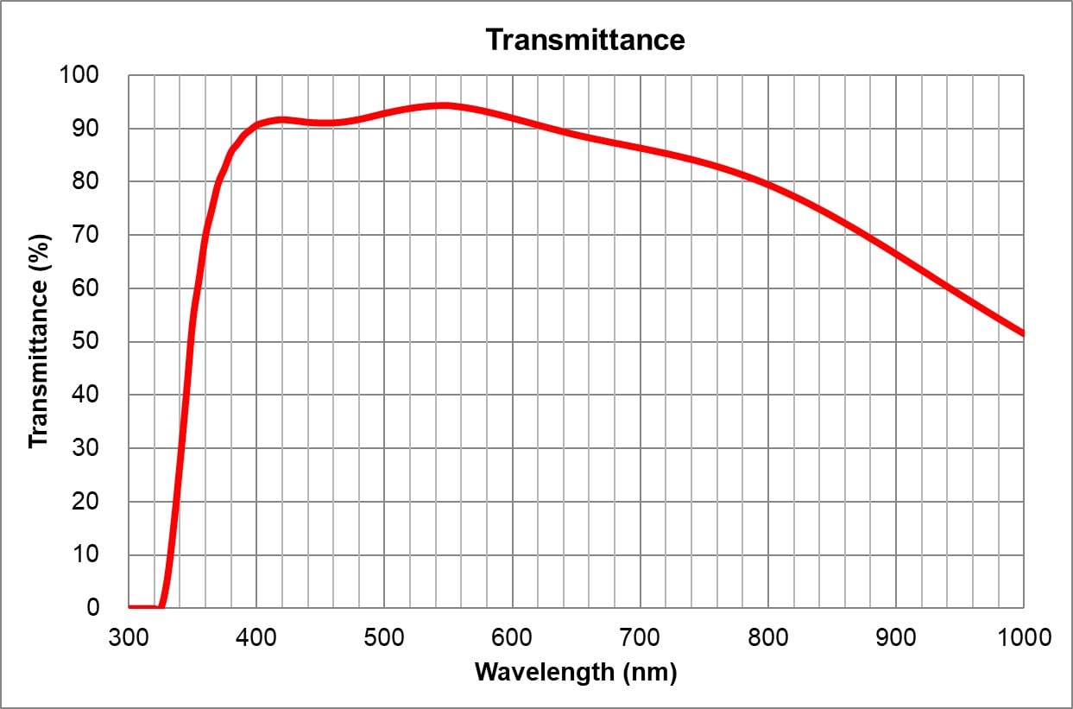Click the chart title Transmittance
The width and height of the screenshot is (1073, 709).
pyautogui.click(x=584, y=40)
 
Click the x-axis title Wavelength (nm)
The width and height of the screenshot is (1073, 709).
pyautogui.click(x=576, y=672)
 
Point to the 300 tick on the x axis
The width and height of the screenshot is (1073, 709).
pyautogui.click(x=129, y=637)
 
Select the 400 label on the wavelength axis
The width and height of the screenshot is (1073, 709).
pyautogui.click(x=256, y=637)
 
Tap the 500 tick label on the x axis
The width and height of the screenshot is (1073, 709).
pyautogui.click(x=384, y=637)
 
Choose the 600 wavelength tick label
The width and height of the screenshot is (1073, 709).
pyautogui.click(x=512, y=637)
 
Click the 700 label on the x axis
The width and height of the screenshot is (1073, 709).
pyautogui.click(x=640, y=637)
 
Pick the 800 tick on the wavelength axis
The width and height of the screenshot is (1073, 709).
pyautogui.click(x=767, y=637)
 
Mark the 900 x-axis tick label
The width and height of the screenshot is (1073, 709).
pyautogui.click(x=895, y=637)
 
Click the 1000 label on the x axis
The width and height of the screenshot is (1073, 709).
pyautogui.click(x=1022, y=637)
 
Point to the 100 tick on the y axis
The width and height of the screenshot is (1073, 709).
pyautogui.click(x=79, y=75)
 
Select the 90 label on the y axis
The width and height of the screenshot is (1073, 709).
pyautogui.click(x=87, y=129)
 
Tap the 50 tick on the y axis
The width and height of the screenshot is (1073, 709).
pyautogui.click(x=87, y=341)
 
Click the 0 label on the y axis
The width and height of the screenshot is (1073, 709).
pyautogui.click(x=93, y=607)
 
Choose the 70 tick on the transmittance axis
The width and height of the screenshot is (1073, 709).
pyautogui.click(x=87, y=235)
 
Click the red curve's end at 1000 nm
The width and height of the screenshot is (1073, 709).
pyautogui.click(x=1023, y=333)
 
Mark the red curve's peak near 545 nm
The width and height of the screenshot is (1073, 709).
pyautogui.click(x=442, y=105)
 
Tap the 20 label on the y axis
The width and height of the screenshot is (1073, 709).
pyautogui.click(x=87, y=501)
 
